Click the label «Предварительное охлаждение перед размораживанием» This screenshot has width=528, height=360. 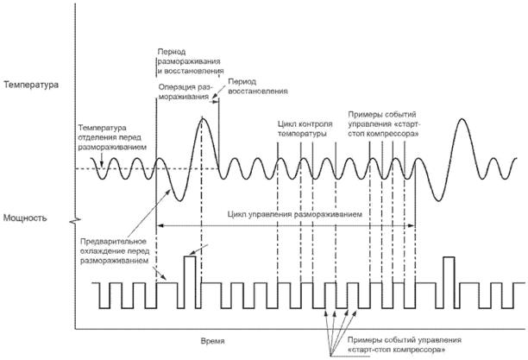(x=115, y=250)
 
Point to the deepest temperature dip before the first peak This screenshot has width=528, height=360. (x=177, y=199)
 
